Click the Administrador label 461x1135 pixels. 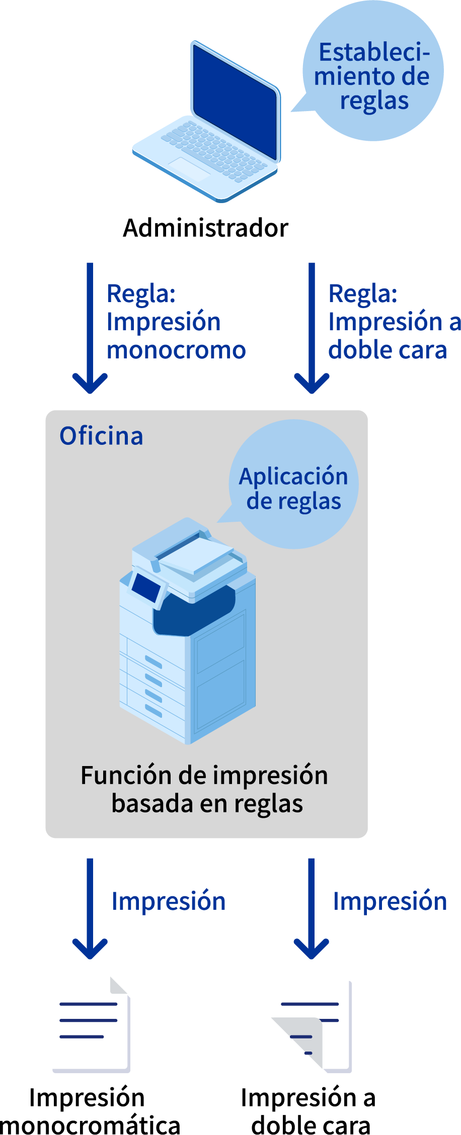click(206, 228)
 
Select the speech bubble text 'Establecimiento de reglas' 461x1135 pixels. click(373, 76)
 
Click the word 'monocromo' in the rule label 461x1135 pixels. click(176, 350)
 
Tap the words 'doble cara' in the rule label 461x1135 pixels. click(387, 350)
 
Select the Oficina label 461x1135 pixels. click(101, 436)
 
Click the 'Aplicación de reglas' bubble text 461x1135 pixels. click(294, 489)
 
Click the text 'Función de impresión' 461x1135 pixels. click(204, 775)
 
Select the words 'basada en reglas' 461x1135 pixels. click(207, 803)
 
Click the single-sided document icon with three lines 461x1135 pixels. click(92, 1025)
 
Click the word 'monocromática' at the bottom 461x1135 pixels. click(91, 1125)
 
